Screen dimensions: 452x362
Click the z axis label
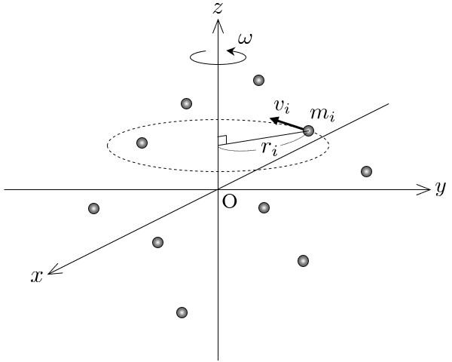(x=218, y=8)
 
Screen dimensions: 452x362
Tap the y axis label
(x=441, y=189)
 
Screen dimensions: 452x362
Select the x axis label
(x=37, y=277)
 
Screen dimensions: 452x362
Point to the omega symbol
(x=245, y=38)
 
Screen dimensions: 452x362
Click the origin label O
(x=230, y=201)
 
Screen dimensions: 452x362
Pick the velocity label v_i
(x=282, y=106)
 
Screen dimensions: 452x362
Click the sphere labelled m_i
(x=308, y=130)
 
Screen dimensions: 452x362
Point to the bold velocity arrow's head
(x=274, y=120)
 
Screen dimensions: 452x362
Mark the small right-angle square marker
(x=222, y=140)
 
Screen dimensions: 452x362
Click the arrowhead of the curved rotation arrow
(x=231, y=51)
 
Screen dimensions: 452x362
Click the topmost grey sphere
(x=259, y=80)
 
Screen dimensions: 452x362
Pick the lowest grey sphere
(x=182, y=312)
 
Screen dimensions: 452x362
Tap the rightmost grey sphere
(x=366, y=171)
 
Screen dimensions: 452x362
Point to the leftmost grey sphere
(x=93, y=208)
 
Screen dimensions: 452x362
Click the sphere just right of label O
(x=264, y=207)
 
